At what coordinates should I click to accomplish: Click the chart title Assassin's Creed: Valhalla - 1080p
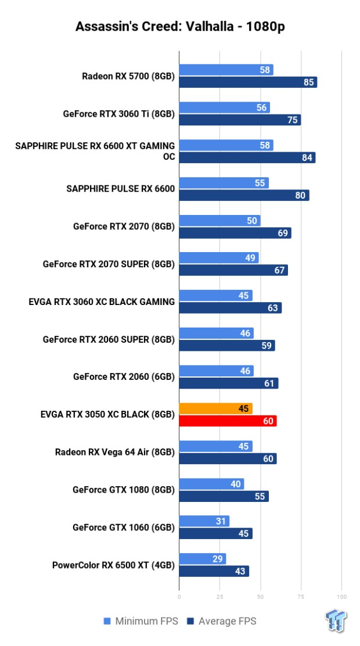point(180,27)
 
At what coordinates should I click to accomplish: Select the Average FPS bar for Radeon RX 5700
point(248,82)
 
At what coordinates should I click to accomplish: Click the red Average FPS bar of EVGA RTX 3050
point(228,421)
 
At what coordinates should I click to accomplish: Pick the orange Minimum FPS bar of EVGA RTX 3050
point(215,408)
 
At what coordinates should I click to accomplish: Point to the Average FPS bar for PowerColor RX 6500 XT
point(214,571)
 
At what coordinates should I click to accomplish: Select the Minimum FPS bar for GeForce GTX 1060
point(204,521)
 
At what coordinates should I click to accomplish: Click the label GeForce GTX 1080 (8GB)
point(124,490)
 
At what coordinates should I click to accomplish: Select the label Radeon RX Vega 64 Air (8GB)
point(115,452)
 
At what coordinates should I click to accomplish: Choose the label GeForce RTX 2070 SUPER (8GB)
point(109,264)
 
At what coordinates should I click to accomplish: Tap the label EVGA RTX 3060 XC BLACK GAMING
point(102,302)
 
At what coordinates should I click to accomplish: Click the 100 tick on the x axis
point(341,597)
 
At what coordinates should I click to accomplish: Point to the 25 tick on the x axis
point(219,597)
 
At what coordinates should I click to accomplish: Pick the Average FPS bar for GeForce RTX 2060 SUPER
point(226,346)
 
